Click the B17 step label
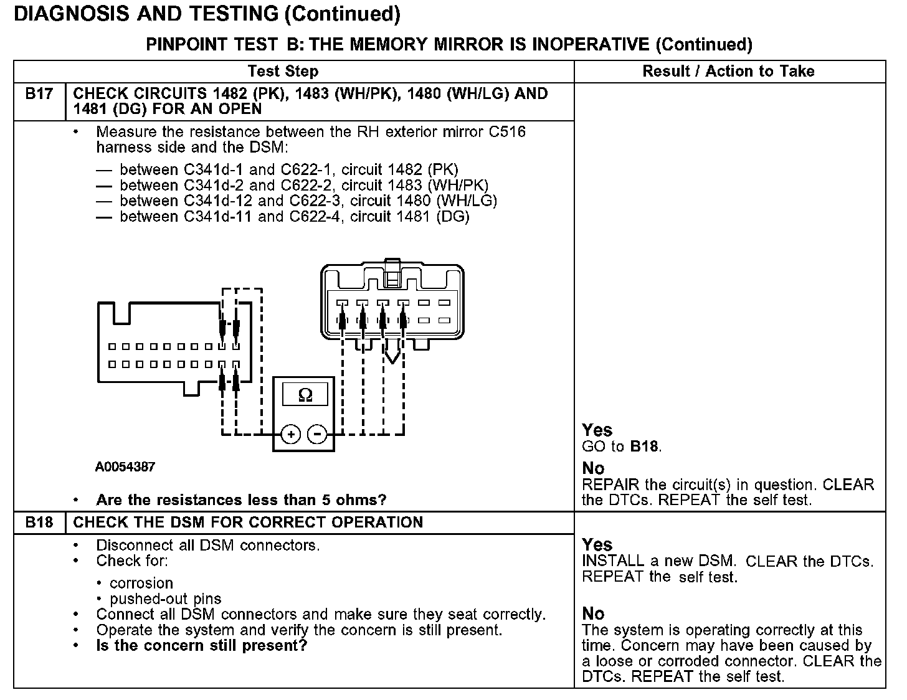pos(39,94)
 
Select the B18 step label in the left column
pos(39,523)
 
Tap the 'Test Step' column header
pos(283,71)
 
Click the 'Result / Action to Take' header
pos(728,71)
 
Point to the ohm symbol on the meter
pos(305,395)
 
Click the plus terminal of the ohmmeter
pos(291,433)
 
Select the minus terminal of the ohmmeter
pos(318,433)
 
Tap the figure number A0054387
pos(125,466)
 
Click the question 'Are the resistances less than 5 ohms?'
pos(241,500)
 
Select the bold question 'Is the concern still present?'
pos(202,645)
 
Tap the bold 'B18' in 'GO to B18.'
pos(644,447)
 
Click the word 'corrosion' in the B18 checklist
pos(141,584)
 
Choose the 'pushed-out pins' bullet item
pos(165,599)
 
